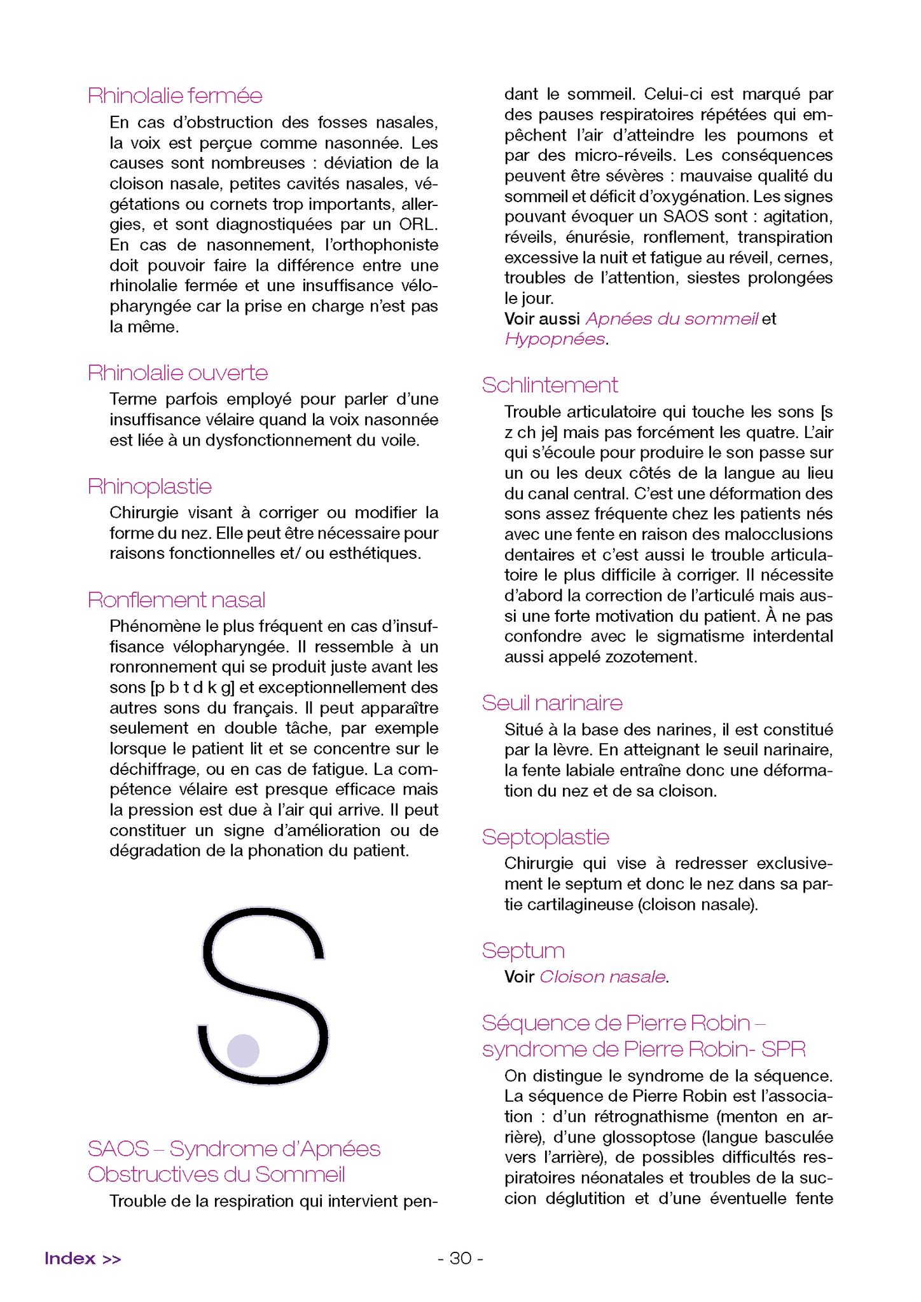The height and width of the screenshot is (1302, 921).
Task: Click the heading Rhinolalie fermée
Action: pyautogui.click(x=175, y=96)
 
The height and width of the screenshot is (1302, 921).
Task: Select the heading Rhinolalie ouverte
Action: pyautogui.click(x=177, y=373)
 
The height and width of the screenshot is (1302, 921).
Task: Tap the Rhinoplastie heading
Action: pyautogui.click(x=149, y=487)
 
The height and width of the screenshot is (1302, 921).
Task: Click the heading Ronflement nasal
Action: pyautogui.click(x=176, y=600)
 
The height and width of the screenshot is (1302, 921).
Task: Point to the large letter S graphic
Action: pyautogui.click(x=263, y=996)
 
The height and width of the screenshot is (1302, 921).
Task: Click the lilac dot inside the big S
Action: pyautogui.click(x=243, y=1050)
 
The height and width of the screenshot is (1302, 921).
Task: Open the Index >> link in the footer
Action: pyautogui.click(x=83, y=1258)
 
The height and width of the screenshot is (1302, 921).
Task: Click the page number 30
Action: pyautogui.click(x=460, y=1258)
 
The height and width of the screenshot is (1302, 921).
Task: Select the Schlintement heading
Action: pyautogui.click(x=550, y=385)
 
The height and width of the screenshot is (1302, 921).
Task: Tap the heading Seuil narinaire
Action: pyautogui.click(x=552, y=703)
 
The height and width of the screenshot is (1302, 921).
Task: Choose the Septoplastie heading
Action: pyautogui.click(x=545, y=837)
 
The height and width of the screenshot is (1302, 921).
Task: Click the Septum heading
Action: pyautogui.click(x=523, y=951)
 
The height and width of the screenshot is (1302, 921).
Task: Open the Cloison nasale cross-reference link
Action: pyautogui.click(x=602, y=976)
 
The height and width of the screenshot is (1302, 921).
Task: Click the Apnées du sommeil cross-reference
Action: pyautogui.click(x=672, y=319)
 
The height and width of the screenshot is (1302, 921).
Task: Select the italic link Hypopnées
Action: pyautogui.click(x=554, y=339)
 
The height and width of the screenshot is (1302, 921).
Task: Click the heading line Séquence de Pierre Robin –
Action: pyautogui.click(x=623, y=1023)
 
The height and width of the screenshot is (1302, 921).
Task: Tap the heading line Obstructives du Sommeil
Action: pyautogui.click(x=216, y=1174)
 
